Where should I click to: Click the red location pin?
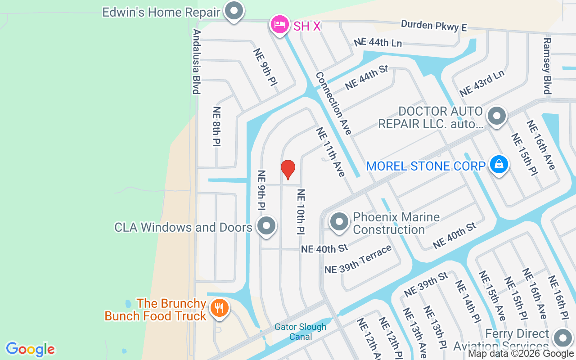288,169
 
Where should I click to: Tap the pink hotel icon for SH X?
279,24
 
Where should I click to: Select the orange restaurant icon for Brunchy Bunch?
220,309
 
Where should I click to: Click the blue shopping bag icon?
499,165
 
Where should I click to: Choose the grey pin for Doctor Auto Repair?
497,116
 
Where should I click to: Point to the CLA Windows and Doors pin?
266,226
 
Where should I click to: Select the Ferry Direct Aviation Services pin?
562,338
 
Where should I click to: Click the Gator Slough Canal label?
301,332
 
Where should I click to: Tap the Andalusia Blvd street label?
196,62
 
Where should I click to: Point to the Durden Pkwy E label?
433,26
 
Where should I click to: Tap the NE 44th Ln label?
378,42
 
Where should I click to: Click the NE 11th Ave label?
331,152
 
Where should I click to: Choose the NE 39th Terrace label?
358,260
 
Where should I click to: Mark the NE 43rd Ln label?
481,83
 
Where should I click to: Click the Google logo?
30,349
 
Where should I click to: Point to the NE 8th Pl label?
217,126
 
